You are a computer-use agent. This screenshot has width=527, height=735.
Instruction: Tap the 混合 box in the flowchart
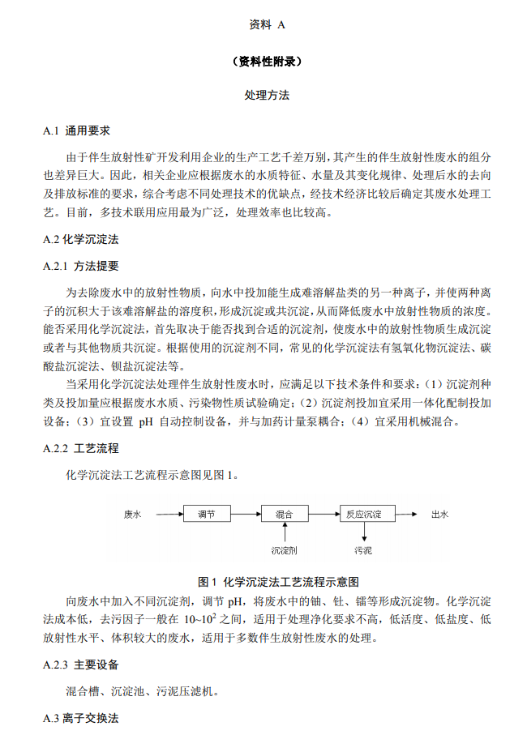tap(285, 514)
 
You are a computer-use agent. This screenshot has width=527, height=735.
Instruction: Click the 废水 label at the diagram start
tap(133, 514)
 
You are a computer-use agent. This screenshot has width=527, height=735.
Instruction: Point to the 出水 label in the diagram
tap(439, 514)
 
